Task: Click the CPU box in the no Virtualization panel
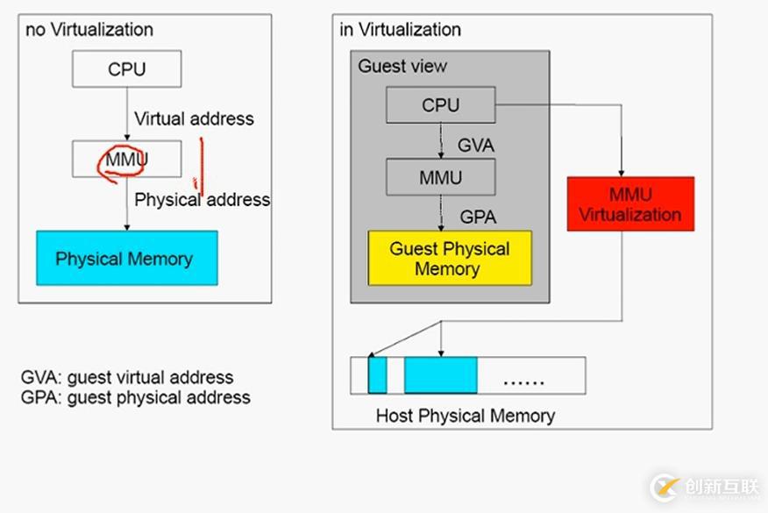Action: [127, 68]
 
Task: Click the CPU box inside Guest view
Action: [440, 105]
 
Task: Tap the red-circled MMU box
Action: [127, 160]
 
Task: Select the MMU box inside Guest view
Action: [440, 176]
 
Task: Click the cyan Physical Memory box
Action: [126, 258]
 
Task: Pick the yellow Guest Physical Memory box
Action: [449, 258]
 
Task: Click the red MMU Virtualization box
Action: [629, 203]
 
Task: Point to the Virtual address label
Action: [194, 118]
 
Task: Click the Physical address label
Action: [203, 200]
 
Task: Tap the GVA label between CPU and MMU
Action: [476, 145]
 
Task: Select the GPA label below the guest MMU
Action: [478, 217]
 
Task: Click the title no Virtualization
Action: [89, 29]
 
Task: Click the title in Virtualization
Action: [400, 29]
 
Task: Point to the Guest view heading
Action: [402, 66]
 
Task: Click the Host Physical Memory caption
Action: [465, 415]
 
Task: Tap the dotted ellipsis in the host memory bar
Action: [523, 381]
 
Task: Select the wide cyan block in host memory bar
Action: [440, 374]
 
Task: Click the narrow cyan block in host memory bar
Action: [377, 374]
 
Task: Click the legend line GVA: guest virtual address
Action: [127, 378]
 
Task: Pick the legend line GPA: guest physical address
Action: [135, 397]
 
